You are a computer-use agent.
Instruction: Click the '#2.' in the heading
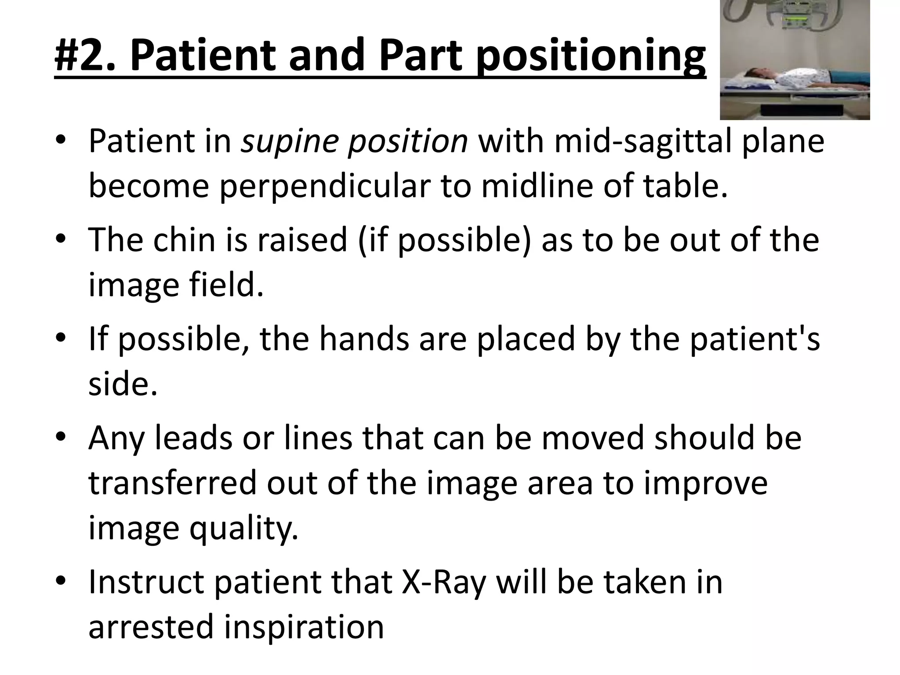86,56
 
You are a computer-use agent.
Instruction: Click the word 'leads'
193,438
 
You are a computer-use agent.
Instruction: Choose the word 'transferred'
172,483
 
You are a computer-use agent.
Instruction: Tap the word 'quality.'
243,528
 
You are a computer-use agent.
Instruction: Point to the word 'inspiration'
304,626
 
